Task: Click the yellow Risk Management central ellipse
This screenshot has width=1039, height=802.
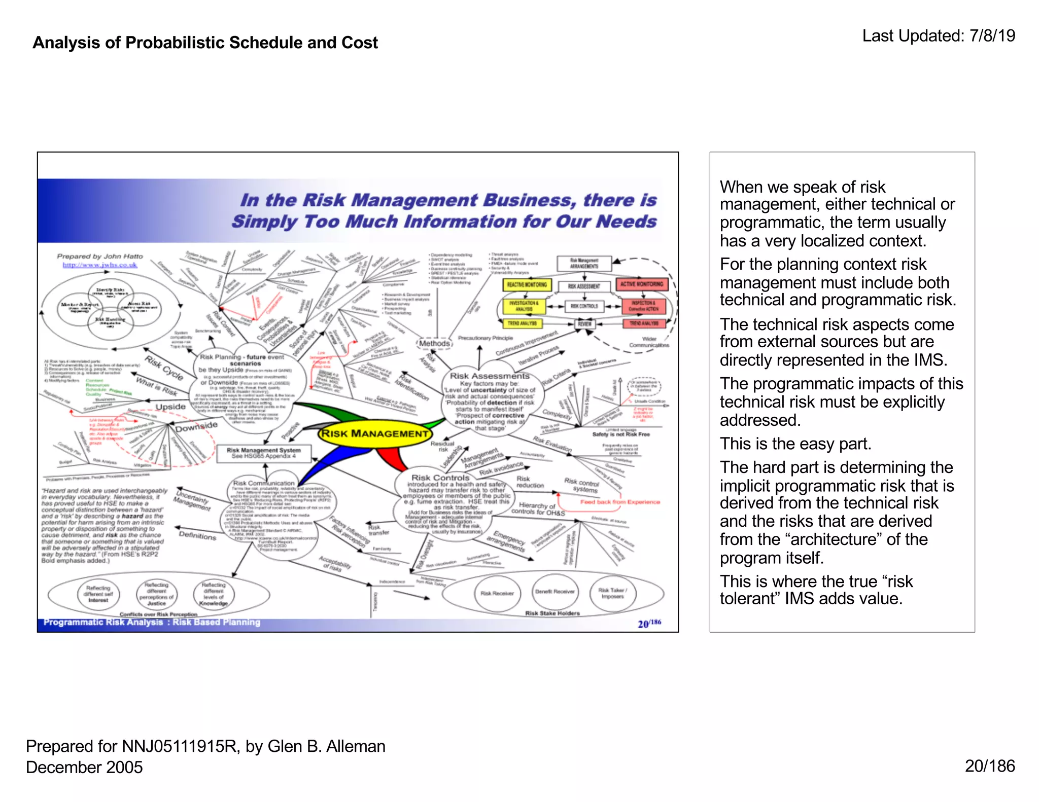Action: tap(375, 433)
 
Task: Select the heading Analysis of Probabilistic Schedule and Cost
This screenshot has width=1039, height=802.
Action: tap(205, 43)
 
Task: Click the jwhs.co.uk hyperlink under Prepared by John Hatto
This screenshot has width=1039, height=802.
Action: tap(100, 265)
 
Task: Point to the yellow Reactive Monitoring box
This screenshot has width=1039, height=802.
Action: tap(527, 285)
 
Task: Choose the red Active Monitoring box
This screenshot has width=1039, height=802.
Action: tap(641, 284)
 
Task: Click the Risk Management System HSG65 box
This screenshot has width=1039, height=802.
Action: tap(263, 453)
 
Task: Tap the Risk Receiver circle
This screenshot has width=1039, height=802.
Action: tap(497, 593)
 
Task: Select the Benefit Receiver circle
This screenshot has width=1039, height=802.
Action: tap(555, 592)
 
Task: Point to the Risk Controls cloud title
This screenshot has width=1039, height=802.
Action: tap(440, 478)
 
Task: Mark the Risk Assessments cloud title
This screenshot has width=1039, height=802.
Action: tap(490, 376)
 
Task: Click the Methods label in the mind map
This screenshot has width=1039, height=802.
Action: tap(434, 344)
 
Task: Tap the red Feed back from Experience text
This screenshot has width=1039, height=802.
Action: tap(620, 502)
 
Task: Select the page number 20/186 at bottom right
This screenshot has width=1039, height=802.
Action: tap(989, 766)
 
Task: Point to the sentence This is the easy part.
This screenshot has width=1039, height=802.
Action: tap(795, 444)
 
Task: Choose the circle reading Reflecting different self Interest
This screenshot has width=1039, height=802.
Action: tap(98, 594)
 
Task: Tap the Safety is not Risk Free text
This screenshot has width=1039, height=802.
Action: tap(620, 434)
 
